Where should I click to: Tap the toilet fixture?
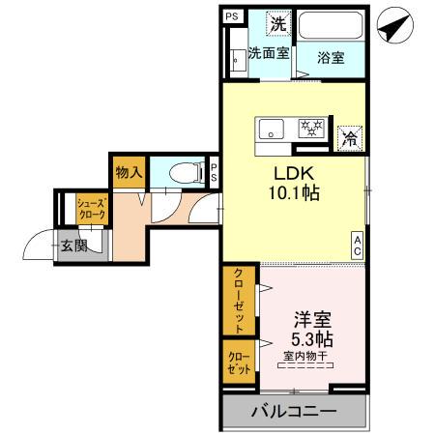click(182, 173)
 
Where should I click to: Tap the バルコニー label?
click(294, 412)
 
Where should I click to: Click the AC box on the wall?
click(357, 246)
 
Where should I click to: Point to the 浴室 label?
click(332, 57)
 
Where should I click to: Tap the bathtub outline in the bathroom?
click(331, 26)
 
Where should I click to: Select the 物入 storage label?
click(129, 173)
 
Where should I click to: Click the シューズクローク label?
click(92, 210)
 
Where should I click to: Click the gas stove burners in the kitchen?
click(309, 128)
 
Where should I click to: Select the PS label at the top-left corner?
click(232, 16)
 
